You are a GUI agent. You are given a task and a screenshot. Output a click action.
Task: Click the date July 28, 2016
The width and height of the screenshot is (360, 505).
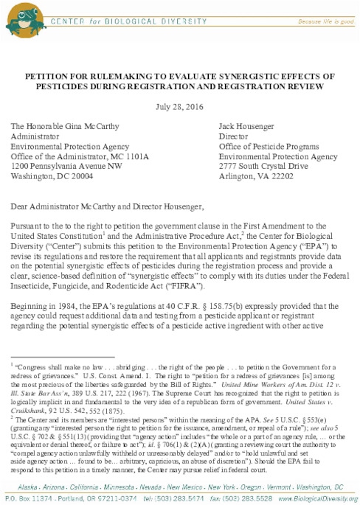click(x=179, y=105)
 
